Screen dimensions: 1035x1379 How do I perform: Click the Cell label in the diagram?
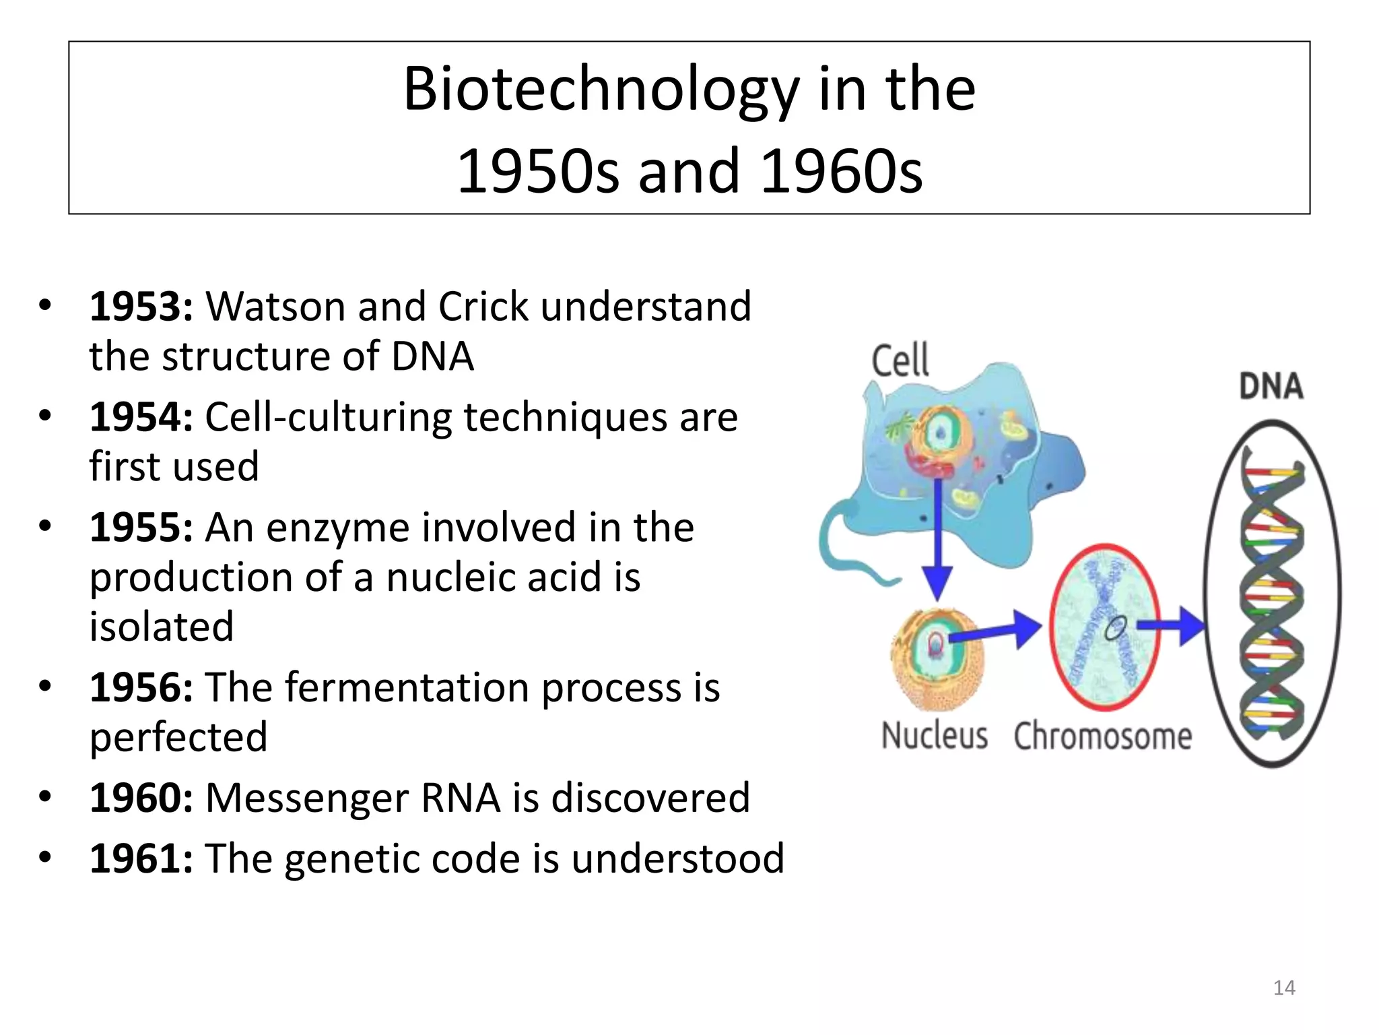pyautogui.click(x=900, y=360)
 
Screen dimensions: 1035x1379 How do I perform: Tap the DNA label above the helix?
pyautogui.click(x=1271, y=387)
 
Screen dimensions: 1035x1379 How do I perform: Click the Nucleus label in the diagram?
pyautogui.click(x=935, y=735)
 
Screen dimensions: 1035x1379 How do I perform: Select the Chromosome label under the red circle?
pyautogui.click(x=1102, y=736)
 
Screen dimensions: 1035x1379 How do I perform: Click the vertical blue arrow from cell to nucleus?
pyautogui.click(x=937, y=539)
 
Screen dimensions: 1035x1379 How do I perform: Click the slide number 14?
pyautogui.click(x=1284, y=988)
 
